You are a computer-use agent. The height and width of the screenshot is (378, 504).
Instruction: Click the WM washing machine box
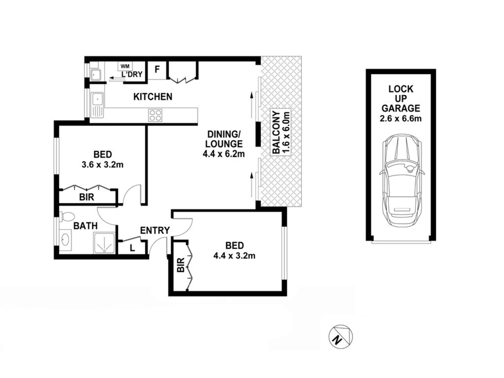pos(125,66)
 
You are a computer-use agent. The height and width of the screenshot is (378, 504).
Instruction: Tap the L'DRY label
pos(132,74)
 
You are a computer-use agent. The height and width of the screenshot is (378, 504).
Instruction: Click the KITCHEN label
pos(153,97)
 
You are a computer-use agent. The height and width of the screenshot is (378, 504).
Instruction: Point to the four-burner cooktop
pos(155,115)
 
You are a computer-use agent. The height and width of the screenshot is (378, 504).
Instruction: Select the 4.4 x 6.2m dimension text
pos(224,154)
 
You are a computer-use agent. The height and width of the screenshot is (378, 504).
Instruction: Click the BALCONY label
pos(276,133)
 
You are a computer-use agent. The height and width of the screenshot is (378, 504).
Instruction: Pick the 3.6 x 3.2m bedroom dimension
pos(103,165)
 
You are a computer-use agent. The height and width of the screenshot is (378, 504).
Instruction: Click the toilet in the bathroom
pos(67,217)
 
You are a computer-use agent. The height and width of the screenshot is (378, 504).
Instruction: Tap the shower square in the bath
pos(104,243)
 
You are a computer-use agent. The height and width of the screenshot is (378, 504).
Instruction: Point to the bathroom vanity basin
pos(66,239)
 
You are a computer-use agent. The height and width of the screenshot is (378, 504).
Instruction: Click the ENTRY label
pos(155,230)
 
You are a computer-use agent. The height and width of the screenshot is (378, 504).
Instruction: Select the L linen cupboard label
pos(132,248)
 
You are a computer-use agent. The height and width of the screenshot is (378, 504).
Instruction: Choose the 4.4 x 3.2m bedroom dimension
pos(234,256)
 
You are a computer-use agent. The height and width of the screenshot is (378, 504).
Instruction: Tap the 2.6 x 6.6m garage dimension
pos(401,118)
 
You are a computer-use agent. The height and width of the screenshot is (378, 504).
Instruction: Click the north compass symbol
pos(341,337)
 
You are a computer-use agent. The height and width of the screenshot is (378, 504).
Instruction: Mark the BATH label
pos(85,226)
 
